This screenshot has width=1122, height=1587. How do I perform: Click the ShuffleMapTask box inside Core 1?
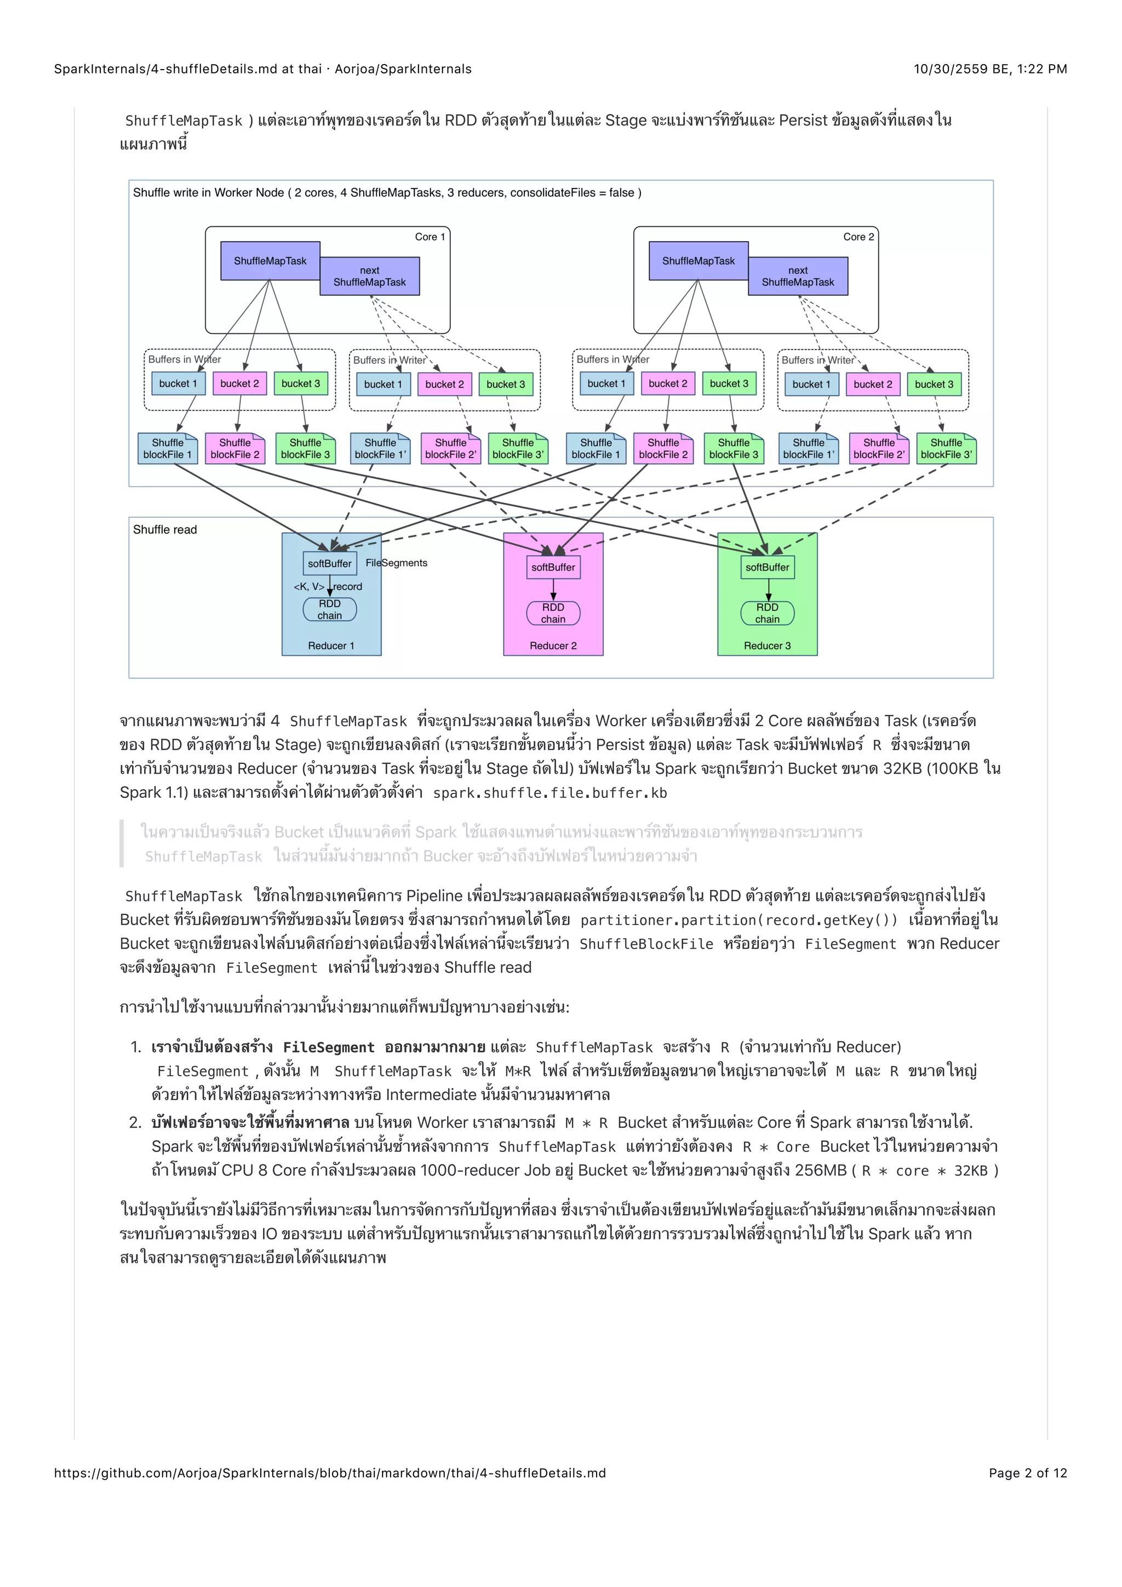(x=270, y=261)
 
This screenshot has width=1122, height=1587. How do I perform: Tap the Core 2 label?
(x=858, y=236)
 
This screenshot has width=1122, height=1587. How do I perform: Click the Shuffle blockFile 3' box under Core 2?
(x=946, y=449)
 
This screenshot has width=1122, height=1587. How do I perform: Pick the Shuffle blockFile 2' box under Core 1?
(x=450, y=449)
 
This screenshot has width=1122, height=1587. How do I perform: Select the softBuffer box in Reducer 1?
(x=330, y=563)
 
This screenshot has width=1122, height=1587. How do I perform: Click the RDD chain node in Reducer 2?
(x=553, y=613)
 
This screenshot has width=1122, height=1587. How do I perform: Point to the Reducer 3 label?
(x=767, y=646)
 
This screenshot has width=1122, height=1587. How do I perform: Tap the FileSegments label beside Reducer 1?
(x=397, y=563)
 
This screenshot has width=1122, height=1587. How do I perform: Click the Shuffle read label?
(x=164, y=529)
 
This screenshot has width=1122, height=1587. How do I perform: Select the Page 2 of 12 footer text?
(x=1027, y=1472)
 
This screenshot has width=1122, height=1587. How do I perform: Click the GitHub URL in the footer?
(x=330, y=1472)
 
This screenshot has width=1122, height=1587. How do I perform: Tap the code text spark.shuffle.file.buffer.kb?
(x=550, y=793)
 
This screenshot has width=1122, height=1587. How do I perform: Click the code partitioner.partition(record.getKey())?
(x=739, y=920)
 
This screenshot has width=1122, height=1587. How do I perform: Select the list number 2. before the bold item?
(x=135, y=1122)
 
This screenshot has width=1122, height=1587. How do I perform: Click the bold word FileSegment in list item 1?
(x=328, y=1047)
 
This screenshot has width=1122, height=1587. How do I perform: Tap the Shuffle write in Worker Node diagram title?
(x=387, y=193)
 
